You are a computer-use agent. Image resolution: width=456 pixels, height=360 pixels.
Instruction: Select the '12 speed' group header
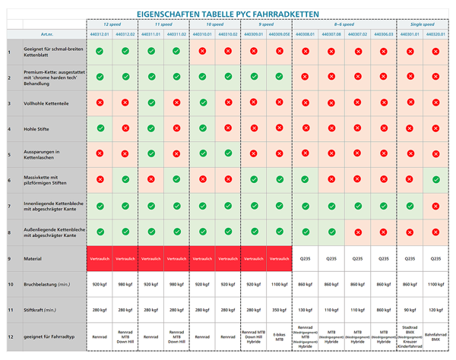pyautogui.click(x=112, y=24)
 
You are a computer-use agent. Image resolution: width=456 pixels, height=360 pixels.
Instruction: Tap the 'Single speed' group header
pyautogui.click(x=423, y=24)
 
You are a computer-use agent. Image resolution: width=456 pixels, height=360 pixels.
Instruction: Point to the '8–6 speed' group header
pyautogui.click(x=344, y=24)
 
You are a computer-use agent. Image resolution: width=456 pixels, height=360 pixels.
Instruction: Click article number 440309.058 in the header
pyautogui.click(x=280, y=35)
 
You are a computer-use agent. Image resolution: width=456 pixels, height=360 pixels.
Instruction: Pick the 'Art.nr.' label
pyautogui.click(x=47, y=35)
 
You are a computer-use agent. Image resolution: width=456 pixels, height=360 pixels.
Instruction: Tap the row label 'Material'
pyautogui.click(x=33, y=259)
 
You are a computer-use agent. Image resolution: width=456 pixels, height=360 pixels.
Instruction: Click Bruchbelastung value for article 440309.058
pyautogui.click(x=280, y=284)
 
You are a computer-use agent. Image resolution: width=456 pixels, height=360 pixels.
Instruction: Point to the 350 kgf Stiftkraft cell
pyautogui.click(x=280, y=310)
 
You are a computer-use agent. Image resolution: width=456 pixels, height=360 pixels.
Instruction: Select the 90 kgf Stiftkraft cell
pyautogui.click(x=410, y=310)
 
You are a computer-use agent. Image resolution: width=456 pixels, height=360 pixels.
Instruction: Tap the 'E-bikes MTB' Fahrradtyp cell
pyautogui.click(x=280, y=336)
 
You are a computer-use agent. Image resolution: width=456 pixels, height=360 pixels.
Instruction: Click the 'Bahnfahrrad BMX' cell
pyautogui.click(x=435, y=336)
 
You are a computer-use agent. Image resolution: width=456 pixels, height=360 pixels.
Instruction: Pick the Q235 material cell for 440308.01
pyautogui.click(x=306, y=259)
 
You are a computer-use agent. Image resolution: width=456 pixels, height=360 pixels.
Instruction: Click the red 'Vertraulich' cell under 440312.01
pyautogui.click(x=100, y=259)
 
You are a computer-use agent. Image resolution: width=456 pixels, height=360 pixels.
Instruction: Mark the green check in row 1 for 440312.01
pyautogui.click(x=100, y=52)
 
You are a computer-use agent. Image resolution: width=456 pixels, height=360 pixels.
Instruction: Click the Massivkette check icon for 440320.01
pyautogui.click(x=435, y=180)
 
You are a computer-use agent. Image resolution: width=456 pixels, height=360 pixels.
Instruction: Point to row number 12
pyautogui.click(x=9, y=336)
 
